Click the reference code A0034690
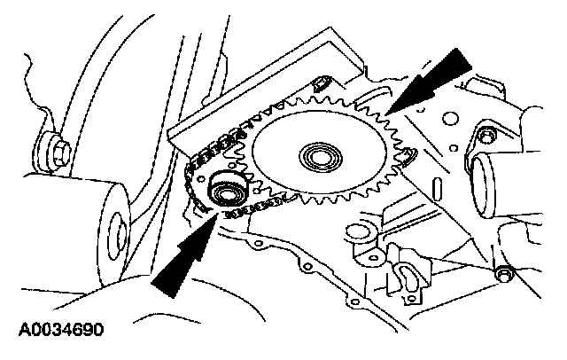(60, 332)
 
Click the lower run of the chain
(257, 209)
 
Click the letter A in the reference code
(21, 332)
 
